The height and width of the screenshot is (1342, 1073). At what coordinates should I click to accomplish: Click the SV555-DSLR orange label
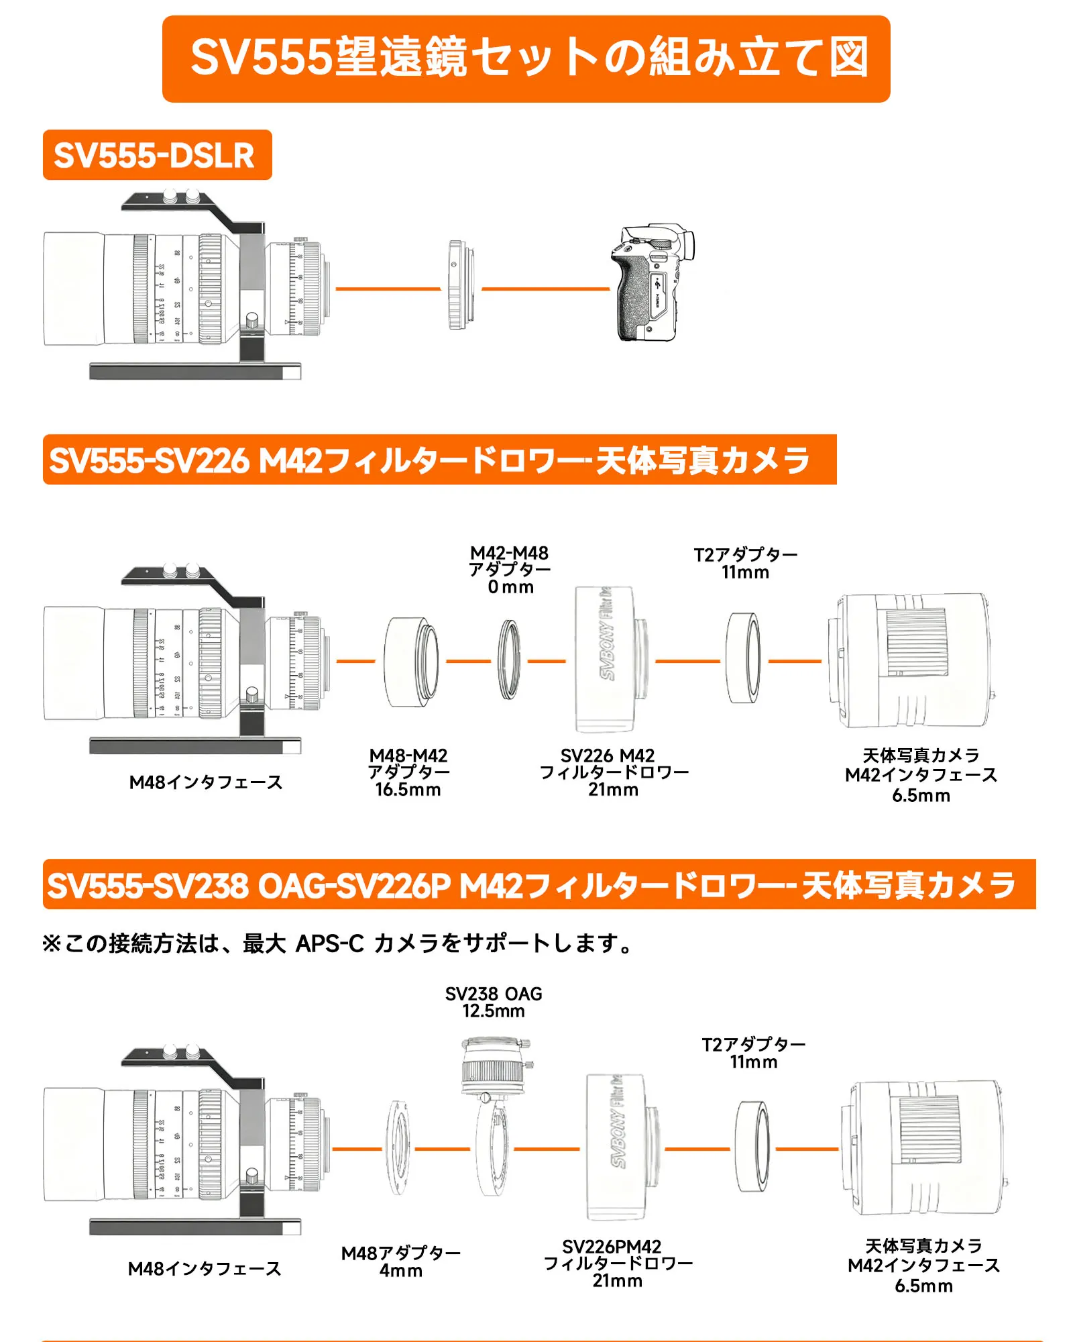tap(157, 155)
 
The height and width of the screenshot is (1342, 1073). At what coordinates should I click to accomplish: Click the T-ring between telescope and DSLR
tap(460, 285)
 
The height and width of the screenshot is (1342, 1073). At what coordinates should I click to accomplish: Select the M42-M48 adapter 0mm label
tap(510, 570)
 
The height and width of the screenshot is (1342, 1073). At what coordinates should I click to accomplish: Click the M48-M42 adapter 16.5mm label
tap(408, 772)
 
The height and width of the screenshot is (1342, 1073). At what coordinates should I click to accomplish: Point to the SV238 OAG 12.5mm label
tap(494, 1002)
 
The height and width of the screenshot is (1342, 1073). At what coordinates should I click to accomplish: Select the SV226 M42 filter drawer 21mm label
tap(614, 772)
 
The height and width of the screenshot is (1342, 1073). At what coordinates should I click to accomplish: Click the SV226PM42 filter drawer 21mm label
tap(618, 1263)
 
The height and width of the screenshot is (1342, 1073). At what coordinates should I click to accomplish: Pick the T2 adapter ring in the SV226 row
tap(744, 658)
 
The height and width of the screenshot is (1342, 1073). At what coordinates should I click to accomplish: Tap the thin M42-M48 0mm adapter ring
tap(509, 660)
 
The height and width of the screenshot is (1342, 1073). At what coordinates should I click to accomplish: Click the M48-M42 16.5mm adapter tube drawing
tap(411, 662)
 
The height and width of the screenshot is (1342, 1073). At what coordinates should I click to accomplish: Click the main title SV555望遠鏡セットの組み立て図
tap(526, 58)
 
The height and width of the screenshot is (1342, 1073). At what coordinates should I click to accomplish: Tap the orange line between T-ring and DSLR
tap(545, 289)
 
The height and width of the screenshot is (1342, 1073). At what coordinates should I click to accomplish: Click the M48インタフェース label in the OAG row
tap(205, 1268)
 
